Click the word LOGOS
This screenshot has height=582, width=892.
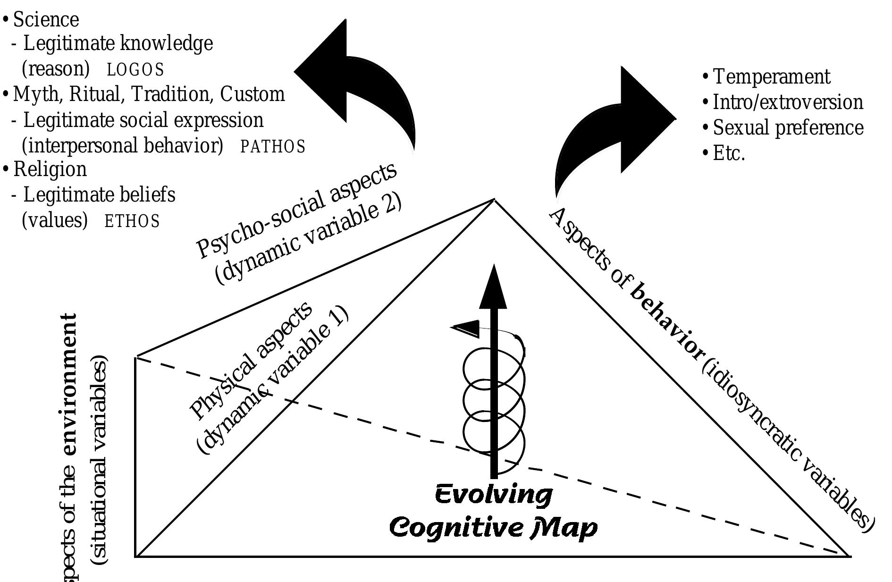coord(135,70)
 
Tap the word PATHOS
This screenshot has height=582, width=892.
coord(273,147)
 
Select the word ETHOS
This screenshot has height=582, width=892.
coord(132,221)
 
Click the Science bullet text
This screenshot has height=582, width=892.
coord(46,20)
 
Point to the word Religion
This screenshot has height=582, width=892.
coord(50,169)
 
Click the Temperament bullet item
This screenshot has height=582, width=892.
coord(771,77)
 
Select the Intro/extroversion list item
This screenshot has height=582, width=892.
coord(787,102)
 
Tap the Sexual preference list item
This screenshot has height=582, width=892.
coord(788,128)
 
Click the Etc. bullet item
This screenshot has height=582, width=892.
coord(729,153)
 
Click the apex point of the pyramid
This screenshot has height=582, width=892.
coord(494,200)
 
